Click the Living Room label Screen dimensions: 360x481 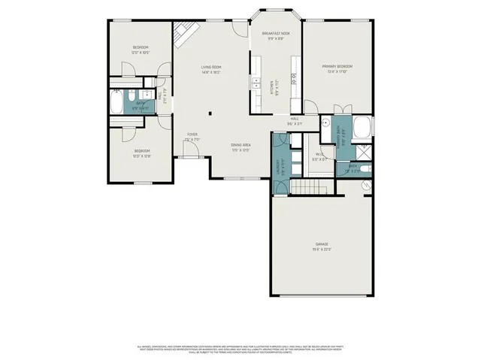click(x=211, y=68)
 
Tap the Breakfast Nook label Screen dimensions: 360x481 click(x=276, y=35)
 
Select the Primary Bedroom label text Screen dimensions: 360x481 click(x=337, y=66)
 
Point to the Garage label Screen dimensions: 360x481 click(x=321, y=245)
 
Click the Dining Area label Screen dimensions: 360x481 click(x=240, y=144)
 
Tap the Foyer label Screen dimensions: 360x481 click(x=192, y=135)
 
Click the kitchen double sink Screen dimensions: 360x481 click(x=257, y=83)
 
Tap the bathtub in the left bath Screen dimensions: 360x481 click(x=118, y=102)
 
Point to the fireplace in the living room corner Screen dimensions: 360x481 click(x=184, y=34)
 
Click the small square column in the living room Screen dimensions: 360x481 click(x=210, y=115)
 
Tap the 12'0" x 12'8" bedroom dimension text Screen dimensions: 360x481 click(x=142, y=156)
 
